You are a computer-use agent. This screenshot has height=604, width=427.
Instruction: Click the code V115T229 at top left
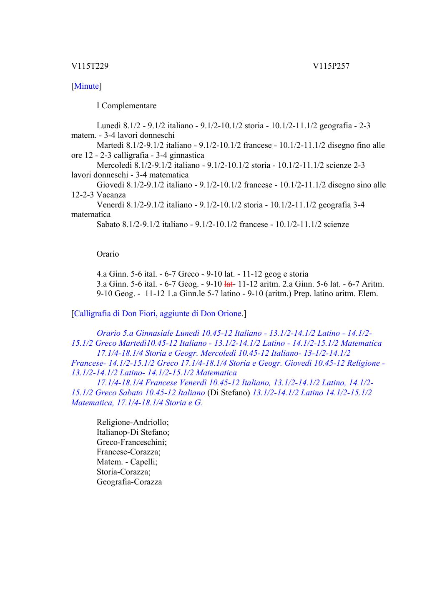click(x=90, y=66)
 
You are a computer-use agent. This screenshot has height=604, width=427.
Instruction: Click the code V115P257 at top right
click(x=331, y=66)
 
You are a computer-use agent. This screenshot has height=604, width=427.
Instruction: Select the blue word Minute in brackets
click(x=87, y=86)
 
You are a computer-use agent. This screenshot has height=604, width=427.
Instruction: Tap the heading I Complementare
click(x=126, y=106)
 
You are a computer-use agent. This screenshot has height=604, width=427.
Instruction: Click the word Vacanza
click(x=111, y=195)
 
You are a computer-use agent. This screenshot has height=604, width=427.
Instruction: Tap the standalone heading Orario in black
click(x=108, y=254)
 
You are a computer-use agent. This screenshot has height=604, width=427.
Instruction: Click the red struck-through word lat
click(x=228, y=284)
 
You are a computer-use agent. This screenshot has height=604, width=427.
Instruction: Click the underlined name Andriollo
click(x=149, y=422)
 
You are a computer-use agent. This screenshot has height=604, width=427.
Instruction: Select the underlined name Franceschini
click(x=143, y=442)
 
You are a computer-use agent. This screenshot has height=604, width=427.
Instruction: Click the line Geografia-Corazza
click(x=129, y=482)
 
